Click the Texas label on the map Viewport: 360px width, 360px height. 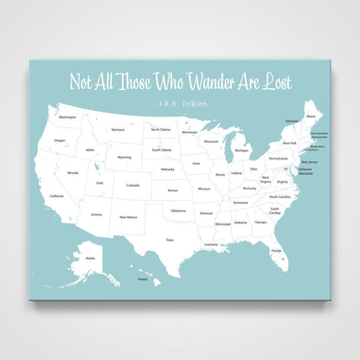click(x=170, y=240)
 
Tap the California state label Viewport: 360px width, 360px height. click(x=56, y=196)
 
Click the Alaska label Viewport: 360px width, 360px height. click(x=89, y=257)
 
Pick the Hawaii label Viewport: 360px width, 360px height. click(x=143, y=280)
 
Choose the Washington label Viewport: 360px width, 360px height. click(x=67, y=116)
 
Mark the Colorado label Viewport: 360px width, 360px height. click(x=132, y=184)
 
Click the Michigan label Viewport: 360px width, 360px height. click(x=241, y=150)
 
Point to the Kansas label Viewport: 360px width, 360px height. click(x=173, y=190)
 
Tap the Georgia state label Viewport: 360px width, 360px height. click(x=260, y=222)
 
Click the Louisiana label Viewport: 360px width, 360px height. click(x=211, y=244)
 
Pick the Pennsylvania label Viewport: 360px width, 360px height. click(x=278, y=158)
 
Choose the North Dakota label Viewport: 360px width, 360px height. click(x=161, y=129)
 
